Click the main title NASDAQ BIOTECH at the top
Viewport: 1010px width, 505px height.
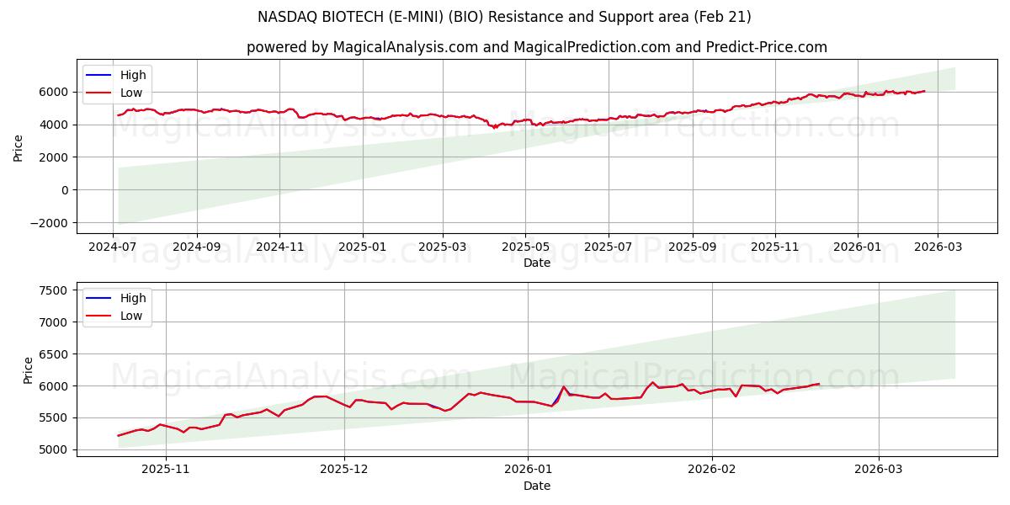coord(504,17)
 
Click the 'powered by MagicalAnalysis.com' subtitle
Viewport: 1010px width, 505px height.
coord(536,47)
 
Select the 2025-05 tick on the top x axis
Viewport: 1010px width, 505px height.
coord(525,247)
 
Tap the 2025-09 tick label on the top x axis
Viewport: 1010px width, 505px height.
coord(692,247)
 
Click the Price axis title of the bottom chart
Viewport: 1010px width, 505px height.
coord(28,369)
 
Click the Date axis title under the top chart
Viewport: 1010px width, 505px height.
coord(536,263)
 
